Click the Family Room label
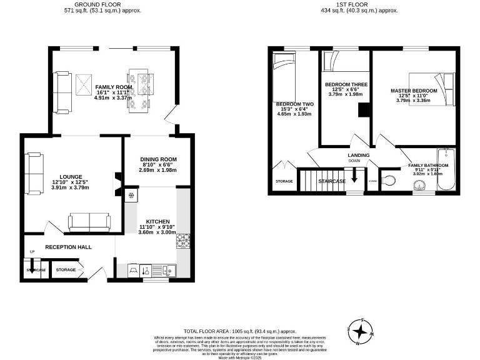109,87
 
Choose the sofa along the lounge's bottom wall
89,221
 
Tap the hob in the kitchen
184,240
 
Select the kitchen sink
169,270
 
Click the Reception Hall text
68,247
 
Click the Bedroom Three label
346,84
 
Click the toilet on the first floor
390,181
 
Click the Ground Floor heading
102,4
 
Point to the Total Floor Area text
239,331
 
